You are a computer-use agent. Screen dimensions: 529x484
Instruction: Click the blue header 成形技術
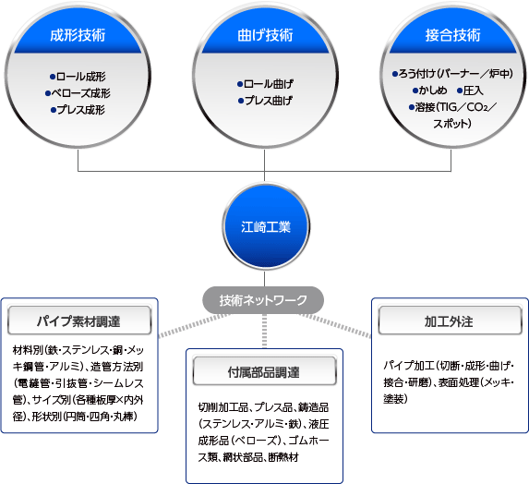point(78,35)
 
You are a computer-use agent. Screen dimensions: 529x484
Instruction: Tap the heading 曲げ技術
point(265,35)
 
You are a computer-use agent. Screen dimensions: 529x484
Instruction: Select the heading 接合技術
point(452,35)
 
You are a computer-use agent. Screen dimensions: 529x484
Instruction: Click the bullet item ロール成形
point(78,77)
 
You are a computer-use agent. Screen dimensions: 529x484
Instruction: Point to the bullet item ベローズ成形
point(78,93)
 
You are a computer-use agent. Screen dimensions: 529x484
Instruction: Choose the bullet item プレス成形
point(78,110)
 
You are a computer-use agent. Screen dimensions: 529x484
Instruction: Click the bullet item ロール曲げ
point(265,84)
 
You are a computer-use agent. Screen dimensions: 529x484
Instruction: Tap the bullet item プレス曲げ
point(265,101)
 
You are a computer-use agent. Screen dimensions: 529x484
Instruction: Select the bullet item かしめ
point(430,91)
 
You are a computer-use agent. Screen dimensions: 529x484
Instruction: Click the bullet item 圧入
point(470,91)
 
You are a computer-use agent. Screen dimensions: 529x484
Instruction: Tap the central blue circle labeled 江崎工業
point(266,226)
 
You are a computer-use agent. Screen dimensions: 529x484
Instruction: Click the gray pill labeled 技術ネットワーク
point(263,300)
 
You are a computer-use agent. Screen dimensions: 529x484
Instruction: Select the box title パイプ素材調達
point(79,321)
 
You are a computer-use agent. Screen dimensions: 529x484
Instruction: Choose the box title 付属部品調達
point(264,371)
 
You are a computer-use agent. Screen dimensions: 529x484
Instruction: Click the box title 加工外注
point(450,321)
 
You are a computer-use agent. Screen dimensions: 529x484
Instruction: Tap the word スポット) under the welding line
point(452,124)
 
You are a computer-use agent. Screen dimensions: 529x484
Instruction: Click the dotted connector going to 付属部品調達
point(264,331)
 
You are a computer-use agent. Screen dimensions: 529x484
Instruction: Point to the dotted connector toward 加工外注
point(335,325)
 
